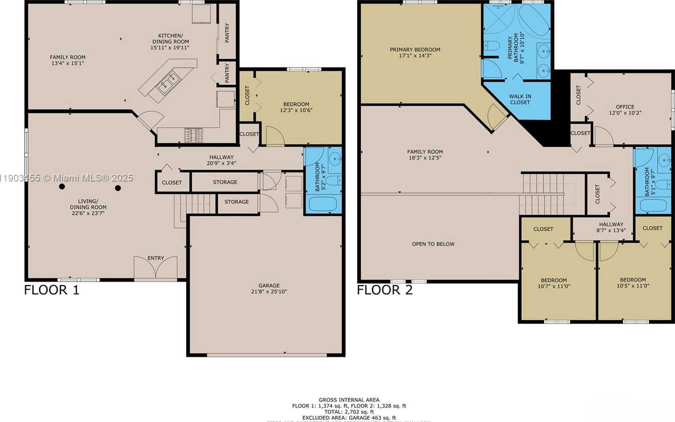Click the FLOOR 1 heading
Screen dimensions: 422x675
[51, 290]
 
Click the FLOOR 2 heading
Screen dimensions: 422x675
[385, 290]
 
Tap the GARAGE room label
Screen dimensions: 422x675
[269, 288]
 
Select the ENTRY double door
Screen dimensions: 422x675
[156, 268]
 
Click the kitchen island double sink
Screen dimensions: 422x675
[168, 82]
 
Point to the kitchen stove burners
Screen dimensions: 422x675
[193, 134]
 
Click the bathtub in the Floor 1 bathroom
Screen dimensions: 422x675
[322, 204]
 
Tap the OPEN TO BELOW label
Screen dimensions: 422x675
[433, 244]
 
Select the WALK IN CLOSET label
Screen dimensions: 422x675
[520, 99]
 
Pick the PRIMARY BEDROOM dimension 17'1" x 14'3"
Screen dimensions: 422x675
[415, 56]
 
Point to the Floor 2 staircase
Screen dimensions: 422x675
[542, 194]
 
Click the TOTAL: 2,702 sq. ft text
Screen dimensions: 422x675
[349, 412]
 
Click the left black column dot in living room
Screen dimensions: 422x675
[62, 186]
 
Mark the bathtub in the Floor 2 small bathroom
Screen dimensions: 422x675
[653, 205]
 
